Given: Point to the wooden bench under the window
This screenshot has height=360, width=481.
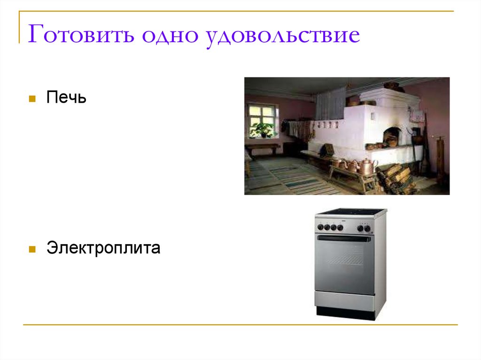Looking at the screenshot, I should (x=263, y=148).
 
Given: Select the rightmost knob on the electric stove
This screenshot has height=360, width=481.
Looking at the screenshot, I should (x=367, y=228).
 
